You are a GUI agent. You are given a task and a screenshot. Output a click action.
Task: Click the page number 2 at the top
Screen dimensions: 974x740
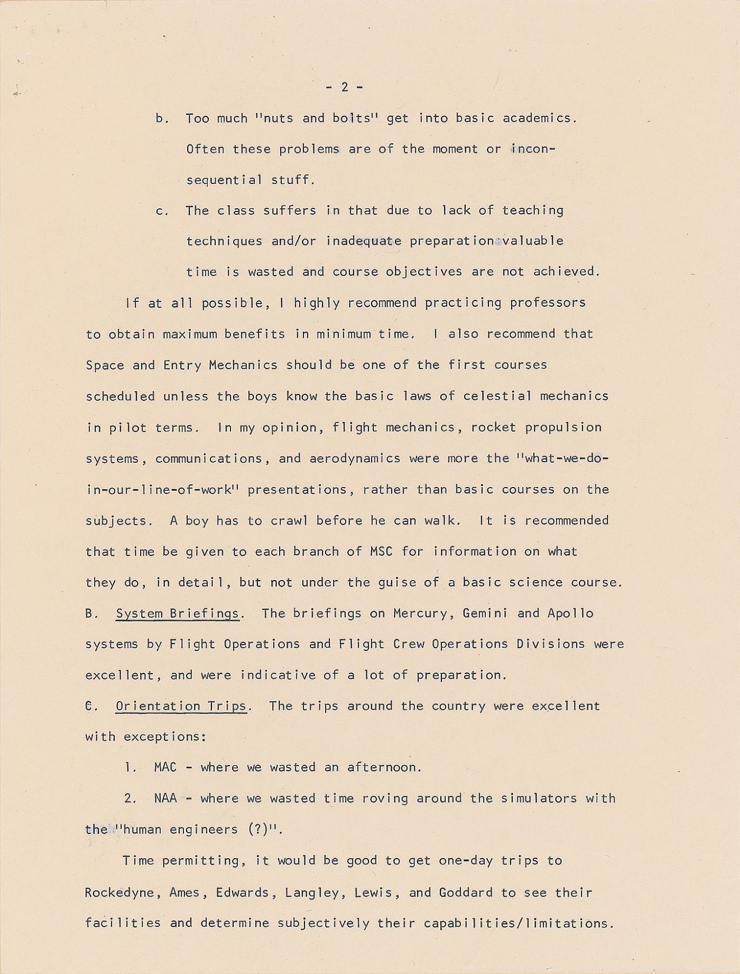345,87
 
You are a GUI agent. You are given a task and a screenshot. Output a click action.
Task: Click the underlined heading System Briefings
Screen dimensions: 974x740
177,614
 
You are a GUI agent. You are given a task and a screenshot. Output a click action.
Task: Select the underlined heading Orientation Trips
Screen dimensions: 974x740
181,706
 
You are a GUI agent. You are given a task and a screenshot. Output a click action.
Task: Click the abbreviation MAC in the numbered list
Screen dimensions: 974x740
166,767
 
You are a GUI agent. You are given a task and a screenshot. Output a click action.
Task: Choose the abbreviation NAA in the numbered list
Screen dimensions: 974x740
166,798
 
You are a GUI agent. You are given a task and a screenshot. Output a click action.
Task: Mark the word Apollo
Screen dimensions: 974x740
570,614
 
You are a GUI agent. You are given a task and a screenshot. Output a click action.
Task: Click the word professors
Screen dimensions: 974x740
547,302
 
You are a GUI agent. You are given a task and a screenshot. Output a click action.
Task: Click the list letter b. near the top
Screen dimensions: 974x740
162,119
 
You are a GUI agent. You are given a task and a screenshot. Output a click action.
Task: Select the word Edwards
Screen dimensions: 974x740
243,892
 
